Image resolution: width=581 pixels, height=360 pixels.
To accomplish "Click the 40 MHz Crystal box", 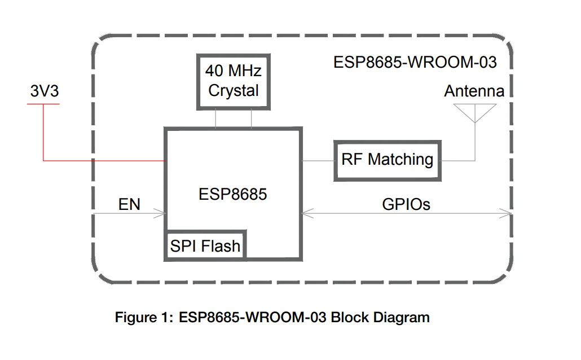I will (233, 81).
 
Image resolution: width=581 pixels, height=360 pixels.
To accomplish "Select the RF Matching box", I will (387, 160).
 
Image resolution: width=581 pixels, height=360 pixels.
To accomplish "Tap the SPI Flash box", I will (205, 246).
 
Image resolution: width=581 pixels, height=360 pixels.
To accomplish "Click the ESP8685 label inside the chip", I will (232, 195).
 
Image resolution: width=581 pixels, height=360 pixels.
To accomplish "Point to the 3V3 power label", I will (44, 91).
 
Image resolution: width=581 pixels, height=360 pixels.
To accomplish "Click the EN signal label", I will (129, 204).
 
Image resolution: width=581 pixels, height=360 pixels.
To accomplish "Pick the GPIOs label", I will (406, 204).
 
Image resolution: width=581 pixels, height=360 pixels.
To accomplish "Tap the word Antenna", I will (474, 91).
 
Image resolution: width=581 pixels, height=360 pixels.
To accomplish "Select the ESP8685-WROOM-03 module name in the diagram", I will (415, 62).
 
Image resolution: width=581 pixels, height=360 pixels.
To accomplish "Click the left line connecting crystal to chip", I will (215, 118).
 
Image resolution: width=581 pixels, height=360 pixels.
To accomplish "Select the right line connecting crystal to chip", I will (251, 118).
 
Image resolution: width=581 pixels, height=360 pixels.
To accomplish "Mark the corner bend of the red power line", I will (43, 161).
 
